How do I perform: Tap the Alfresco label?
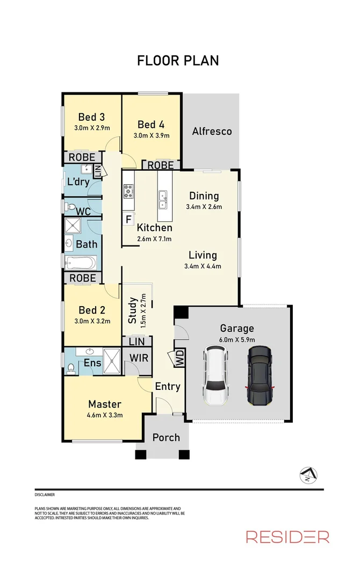[212, 131]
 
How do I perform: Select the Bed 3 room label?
[91, 117]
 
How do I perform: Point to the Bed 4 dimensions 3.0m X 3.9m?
[151, 136]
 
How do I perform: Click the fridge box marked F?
[128, 219]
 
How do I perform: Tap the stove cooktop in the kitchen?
[129, 191]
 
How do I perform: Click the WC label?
[83, 211]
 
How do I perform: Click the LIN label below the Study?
[136, 342]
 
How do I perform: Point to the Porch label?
[166, 437]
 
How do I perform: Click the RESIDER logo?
[287, 536]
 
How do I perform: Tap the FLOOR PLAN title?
[178, 60]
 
